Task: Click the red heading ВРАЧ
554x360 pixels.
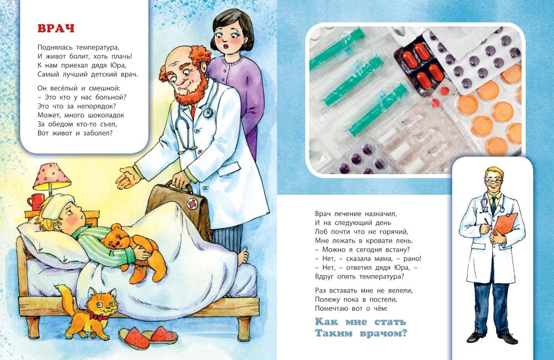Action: [x=56, y=28]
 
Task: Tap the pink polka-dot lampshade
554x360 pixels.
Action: [x=52, y=176]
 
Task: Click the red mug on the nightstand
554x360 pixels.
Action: [x=35, y=202]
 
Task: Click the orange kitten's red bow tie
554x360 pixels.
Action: [x=99, y=316]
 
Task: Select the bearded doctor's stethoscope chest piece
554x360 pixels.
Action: [x=208, y=112]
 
